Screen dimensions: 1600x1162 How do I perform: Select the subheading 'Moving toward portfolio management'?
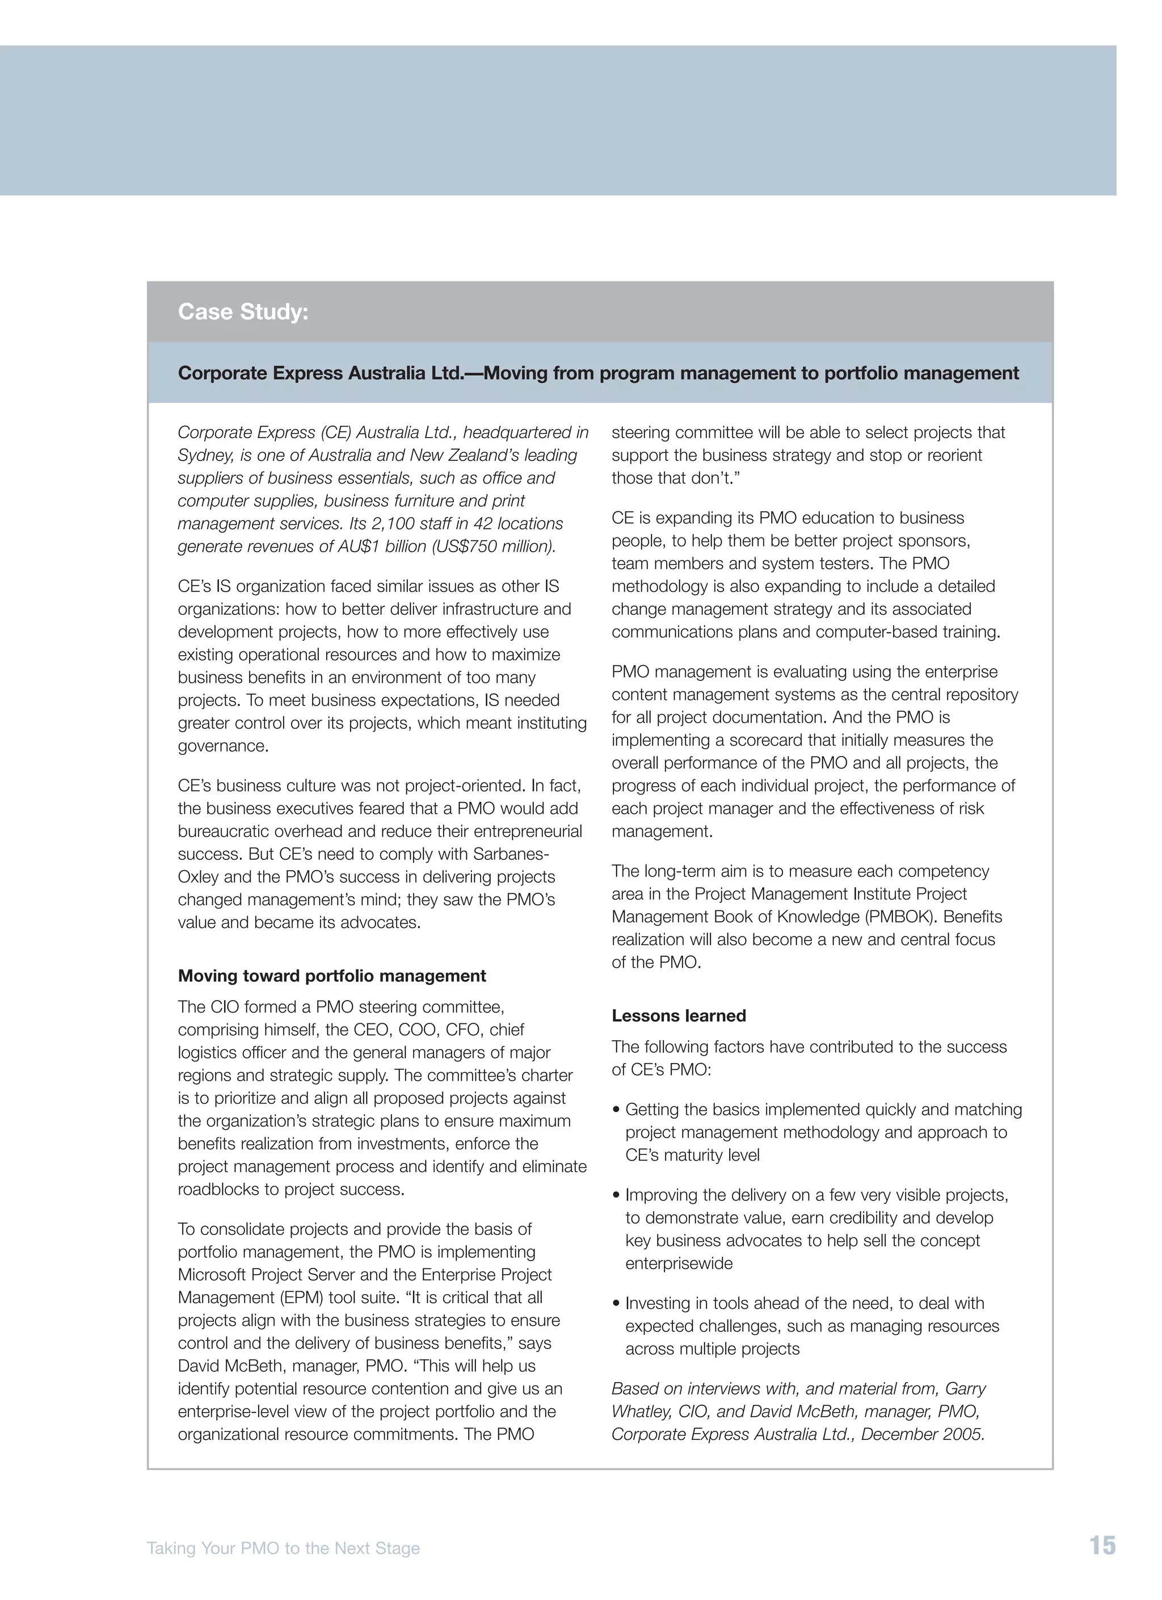click(x=331, y=976)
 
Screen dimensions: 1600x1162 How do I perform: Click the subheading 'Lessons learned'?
click(x=678, y=1015)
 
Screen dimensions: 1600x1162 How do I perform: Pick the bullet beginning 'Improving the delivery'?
click(x=816, y=1195)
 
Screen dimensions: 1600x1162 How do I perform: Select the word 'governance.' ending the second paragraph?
click(x=223, y=746)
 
